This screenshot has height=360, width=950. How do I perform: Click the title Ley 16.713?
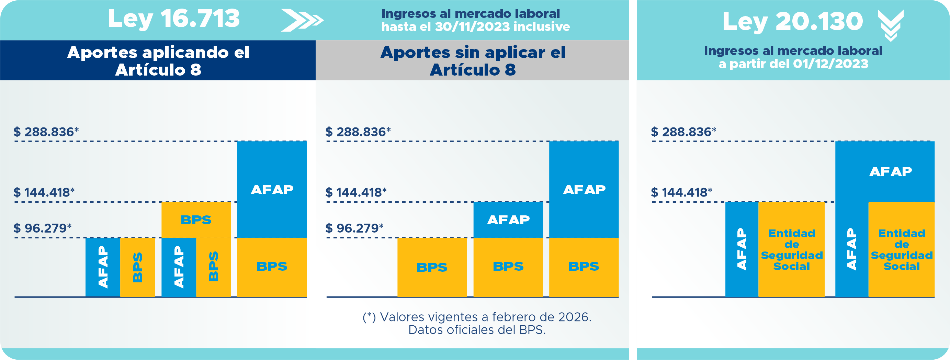click(x=174, y=19)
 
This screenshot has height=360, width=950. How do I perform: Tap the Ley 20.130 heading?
click(x=793, y=21)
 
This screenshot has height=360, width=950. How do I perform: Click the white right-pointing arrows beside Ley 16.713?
click(x=302, y=20)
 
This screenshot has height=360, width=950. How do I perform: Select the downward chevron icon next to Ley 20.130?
click(x=891, y=25)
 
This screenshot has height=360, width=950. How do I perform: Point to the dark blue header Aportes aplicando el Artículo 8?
click(x=158, y=60)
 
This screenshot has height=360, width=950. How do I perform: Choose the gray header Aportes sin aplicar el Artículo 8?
click(x=472, y=60)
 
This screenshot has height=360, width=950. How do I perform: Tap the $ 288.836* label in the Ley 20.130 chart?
click(x=683, y=132)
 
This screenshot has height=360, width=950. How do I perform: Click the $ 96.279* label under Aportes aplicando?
click(x=42, y=228)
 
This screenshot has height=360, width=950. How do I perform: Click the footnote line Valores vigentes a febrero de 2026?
click(x=477, y=317)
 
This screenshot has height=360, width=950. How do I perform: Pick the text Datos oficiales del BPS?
click(x=477, y=330)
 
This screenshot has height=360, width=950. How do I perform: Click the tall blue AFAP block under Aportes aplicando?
click(x=272, y=190)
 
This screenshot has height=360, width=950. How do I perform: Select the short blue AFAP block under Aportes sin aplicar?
click(x=508, y=220)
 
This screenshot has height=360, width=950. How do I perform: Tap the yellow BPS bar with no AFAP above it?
click(x=432, y=267)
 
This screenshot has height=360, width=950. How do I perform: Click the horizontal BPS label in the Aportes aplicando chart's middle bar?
click(x=196, y=220)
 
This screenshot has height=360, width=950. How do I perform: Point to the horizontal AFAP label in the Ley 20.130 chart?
click(x=890, y=171)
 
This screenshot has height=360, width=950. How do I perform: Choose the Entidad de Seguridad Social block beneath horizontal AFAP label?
click(x=901, y=249)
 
